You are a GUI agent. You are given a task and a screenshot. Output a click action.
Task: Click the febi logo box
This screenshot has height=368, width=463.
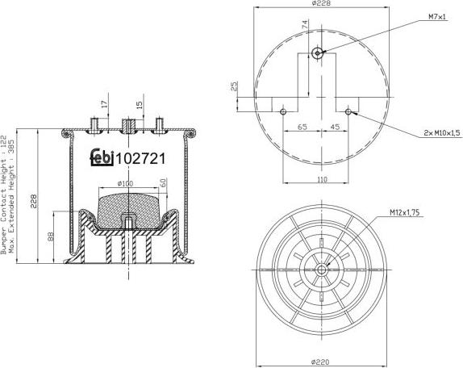coord(101,158)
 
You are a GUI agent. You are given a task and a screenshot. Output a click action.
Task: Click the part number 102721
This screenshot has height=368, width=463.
coord(141,159)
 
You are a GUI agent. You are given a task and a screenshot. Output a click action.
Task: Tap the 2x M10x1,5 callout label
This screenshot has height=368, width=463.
coord(442,132)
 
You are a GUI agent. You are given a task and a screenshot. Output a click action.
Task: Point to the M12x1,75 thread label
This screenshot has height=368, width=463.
coord(407,212)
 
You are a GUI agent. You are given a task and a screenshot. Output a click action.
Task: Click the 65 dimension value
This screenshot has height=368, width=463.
coord(302,128)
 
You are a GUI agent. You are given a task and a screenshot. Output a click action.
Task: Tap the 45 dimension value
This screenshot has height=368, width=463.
coord(333,128)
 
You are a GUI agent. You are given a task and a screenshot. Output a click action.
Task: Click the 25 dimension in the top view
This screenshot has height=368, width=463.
coord(234,86)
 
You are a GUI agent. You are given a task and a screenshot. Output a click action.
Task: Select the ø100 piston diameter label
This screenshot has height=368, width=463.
coord(126,184)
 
